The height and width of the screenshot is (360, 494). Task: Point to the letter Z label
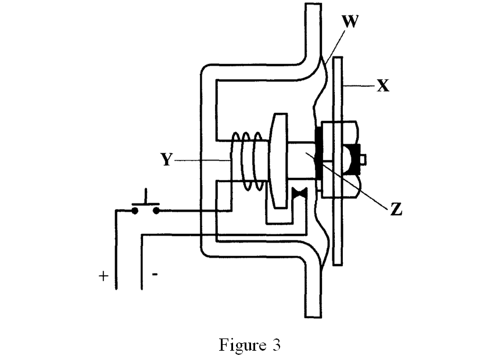[x=396, y=210]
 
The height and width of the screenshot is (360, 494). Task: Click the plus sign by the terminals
[x=103, y=276]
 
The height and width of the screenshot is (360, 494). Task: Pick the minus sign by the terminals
[x=155, y=275]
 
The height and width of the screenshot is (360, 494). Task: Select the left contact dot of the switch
[x=135, y=211]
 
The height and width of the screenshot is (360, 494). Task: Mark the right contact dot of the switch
[x=156, y=211]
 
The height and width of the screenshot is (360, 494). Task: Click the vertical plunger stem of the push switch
[x=145, y=195]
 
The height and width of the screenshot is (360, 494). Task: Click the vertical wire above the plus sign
[x=115, y=250]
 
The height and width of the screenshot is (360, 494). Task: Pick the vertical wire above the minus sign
[x=142, y=262]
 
